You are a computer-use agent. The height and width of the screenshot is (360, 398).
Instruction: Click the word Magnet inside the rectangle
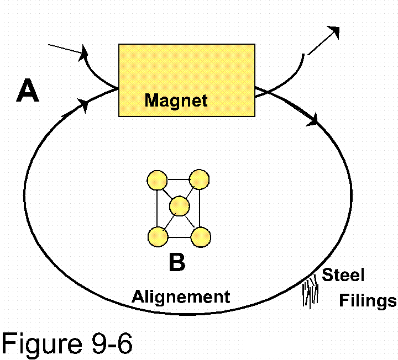pos(176,100)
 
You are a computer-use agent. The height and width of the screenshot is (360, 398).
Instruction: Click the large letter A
pos(28,91)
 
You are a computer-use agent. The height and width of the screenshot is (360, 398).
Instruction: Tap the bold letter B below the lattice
pos(177,263)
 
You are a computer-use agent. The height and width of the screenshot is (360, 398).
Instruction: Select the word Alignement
pos(181,297)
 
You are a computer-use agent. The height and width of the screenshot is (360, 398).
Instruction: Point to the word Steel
pos(343,275)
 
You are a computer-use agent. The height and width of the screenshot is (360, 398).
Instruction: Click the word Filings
pos(368,300)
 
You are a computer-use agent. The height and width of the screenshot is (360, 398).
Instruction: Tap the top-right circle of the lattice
pos(199,180)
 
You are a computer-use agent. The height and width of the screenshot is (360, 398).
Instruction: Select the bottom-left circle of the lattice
pos(158,237)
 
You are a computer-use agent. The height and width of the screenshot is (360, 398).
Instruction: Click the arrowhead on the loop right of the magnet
pos(313,118)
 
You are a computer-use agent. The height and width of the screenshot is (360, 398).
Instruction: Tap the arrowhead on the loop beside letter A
pos(83,105)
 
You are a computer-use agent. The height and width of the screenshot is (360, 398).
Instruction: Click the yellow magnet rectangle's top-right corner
pos(254,45)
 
